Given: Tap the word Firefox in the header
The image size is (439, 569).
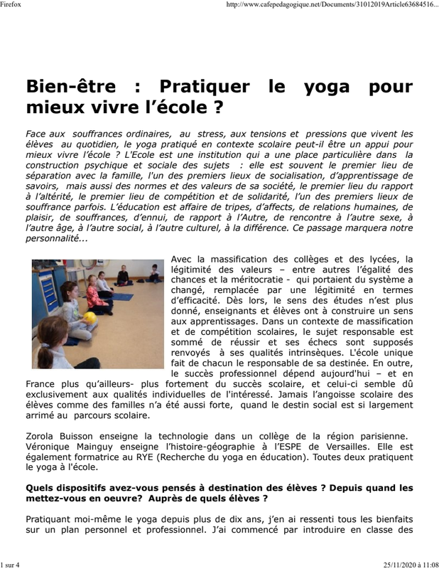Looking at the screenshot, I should pos(11,4).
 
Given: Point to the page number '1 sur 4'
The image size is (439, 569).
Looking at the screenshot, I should pos(11,564).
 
